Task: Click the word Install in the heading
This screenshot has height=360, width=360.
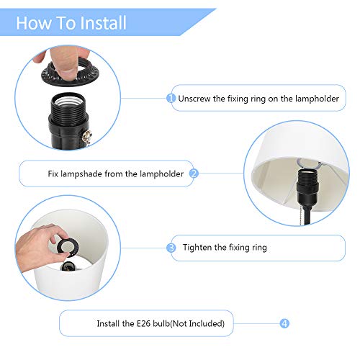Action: [103, 23]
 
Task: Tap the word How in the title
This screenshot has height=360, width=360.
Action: [34, 23]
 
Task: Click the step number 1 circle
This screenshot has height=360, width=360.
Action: [171, 98]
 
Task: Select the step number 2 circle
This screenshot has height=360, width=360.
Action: [194, 174]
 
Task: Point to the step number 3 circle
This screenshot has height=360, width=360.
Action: [171, 248]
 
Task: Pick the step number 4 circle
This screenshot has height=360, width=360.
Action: [284, 323]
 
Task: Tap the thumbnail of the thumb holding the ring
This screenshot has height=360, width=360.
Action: [67, 73]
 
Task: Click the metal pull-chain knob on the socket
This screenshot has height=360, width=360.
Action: [86, 137]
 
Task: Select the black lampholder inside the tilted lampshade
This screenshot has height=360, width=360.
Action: [308, 186]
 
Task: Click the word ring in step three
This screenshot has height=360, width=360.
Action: [259, 248]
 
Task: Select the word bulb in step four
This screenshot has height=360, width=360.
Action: [161, 323]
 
